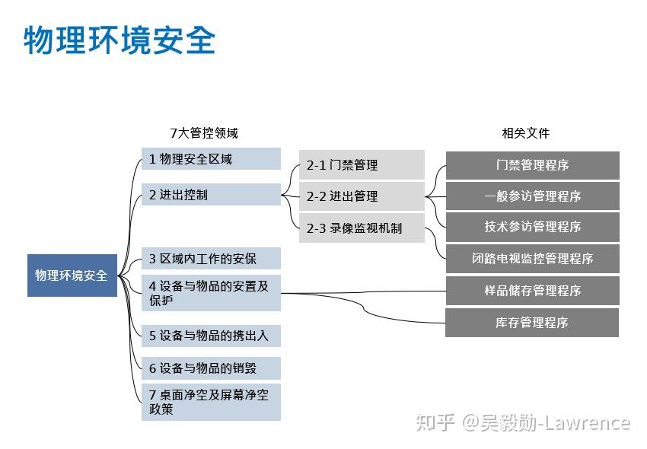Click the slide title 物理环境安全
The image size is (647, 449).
pyautogui.click(x=120, y=40)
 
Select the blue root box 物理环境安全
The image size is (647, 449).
pyautogui.click(x=72, y=275)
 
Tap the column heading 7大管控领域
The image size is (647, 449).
pyautogui.click(x=204, y=133)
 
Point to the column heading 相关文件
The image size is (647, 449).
pyautogui.click(x=526, y=133)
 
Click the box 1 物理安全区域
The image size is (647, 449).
pyautogui.click(x=211, y=159)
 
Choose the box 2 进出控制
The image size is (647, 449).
pyautogui.click(x=211, y=194)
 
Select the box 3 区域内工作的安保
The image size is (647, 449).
pyautogui.click(x=211, y=258)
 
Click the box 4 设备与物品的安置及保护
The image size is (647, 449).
pyautogui.click(x=211, y=293)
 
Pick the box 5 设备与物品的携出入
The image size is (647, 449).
pyautogui.click(x=211, y=336)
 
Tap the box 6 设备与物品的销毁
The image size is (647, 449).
pyautogui.click(x=211, y=368)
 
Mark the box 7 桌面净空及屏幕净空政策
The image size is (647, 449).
pyautogui.click(x=211, y=403)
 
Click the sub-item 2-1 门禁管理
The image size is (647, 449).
pyautogui.click(x=362, y=164)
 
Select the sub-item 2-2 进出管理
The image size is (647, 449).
pyautogui.click(x=362, y=196)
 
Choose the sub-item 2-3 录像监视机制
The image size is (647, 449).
pyautogui.click(x=362, y=228)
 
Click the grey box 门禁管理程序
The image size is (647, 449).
pyautogui.click(x=532, y=165)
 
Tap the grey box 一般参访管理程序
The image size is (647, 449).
pyautogui.click(x=532, y=196)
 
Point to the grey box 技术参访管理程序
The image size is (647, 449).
pyautogui.click(x=532, y=227)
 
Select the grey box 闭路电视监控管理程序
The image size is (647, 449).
pyautogui.click(x=532, y=259)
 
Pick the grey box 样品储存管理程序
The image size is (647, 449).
pyautogui.click(x=532, y=291)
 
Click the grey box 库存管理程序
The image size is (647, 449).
pyautogui.click(x=532, y=323)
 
